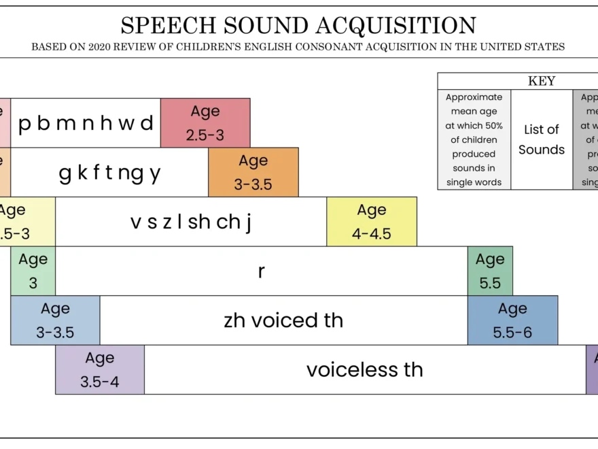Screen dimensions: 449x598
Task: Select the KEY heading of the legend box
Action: click(541, 81)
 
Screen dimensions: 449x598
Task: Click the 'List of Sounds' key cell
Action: click(542, 139)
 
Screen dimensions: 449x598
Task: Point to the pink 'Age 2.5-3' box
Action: click(205, 122)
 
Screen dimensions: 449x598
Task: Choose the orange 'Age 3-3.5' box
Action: click(253, 172)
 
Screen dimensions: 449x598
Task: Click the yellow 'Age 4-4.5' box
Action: click(372, 221)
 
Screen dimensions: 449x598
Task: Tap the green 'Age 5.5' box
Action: click(490, 271)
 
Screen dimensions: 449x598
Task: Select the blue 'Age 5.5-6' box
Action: click(512, 320)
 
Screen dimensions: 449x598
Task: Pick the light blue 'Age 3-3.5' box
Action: click(55, 320)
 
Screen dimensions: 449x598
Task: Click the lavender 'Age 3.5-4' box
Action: click(100, 369)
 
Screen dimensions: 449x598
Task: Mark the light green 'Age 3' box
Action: click(33, 271)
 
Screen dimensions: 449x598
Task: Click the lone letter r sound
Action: click(262, 271)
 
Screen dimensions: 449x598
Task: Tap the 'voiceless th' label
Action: click(365, 369)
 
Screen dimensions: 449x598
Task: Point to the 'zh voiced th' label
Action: click(283, 320)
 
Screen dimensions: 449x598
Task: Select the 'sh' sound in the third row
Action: click(199, 222)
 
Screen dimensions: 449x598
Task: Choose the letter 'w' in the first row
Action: click(125, 124)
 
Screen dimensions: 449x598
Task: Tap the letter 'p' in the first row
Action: click(25, 124)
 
